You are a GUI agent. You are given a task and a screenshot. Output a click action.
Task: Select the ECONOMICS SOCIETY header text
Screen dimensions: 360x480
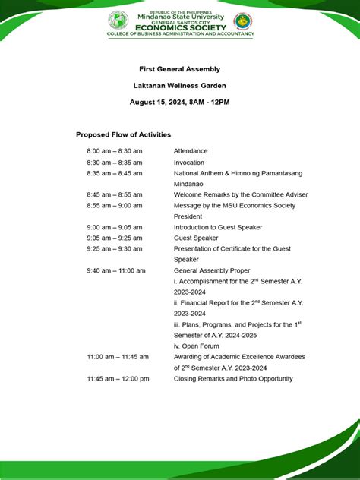180,26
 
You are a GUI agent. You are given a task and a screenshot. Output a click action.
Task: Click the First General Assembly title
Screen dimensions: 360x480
180,68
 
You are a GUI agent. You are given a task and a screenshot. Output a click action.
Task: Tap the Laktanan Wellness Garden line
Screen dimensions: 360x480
180,85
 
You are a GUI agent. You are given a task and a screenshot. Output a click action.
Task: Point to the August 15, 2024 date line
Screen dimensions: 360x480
180,102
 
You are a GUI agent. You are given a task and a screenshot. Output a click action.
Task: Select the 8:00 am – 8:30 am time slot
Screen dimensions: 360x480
114,151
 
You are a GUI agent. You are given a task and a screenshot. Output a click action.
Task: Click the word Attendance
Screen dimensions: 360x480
190,151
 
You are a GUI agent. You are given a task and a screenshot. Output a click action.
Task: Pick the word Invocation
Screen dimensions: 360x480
189,163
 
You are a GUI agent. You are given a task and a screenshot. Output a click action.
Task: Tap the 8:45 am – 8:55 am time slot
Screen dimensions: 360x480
114,194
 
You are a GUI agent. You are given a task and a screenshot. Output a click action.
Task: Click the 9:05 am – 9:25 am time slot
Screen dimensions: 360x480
114,238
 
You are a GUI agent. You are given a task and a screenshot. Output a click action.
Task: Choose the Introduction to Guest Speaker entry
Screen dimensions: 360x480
217,227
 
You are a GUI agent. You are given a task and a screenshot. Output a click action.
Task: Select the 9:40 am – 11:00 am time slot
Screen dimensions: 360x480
116,270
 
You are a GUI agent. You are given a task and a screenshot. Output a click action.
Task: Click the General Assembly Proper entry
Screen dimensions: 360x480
212,270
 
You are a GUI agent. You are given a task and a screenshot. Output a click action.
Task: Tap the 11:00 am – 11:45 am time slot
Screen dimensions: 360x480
118,356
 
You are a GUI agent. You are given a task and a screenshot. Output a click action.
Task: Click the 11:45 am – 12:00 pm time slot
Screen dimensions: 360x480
118,378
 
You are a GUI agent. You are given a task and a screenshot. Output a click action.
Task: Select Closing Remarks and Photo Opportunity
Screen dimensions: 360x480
232,378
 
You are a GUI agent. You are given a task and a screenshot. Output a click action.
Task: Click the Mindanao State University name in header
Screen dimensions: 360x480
180,17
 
